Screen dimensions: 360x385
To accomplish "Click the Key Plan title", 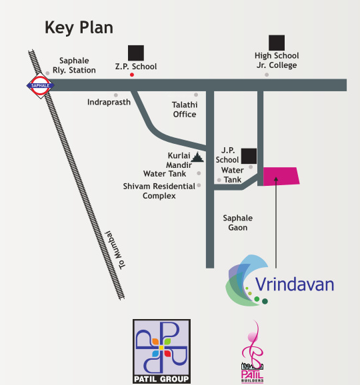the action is tap(79, 27).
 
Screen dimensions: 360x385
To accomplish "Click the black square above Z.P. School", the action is tap(136, 53).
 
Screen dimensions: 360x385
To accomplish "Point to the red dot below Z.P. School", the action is tap(132, 75).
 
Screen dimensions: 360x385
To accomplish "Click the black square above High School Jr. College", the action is tap(277, 42).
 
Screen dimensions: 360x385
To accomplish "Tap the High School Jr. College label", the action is tap(277, 61).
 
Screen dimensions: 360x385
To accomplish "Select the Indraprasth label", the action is tap(109, 103).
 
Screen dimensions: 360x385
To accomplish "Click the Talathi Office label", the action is tap(185, 109).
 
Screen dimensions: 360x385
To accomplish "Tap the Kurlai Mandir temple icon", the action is tap(197, 158).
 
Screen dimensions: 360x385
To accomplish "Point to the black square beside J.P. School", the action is tap(249, 157).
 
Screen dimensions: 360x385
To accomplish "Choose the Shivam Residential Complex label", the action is tap(159, 191).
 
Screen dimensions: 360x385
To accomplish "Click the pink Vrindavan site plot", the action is tap(281, 176).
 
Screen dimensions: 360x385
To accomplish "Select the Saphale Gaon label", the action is tap(238, 222).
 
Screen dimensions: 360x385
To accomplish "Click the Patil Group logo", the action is tap(161, 351).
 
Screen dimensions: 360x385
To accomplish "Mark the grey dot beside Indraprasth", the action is tap(116, 95).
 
